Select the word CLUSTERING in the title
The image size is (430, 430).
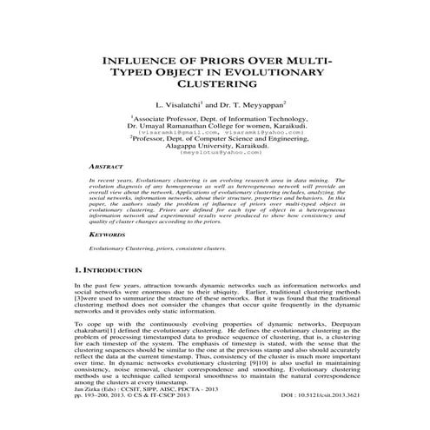[215, 86]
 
